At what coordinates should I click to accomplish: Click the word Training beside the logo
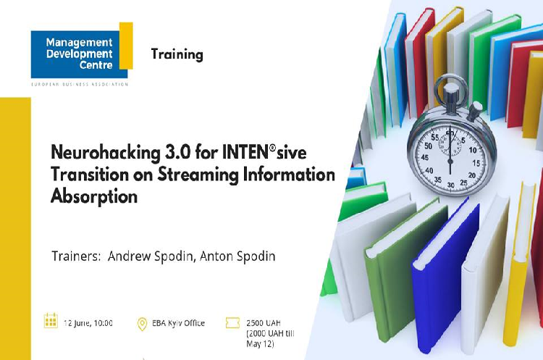click(177, 55)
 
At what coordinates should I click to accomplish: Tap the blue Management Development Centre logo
click(80, 54)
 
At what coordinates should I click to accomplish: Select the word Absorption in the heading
click(94, 196)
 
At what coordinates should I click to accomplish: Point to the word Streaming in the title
click(198, 175)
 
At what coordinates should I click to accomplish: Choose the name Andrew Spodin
click(151, 256)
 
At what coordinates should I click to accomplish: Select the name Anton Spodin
click(237, 256)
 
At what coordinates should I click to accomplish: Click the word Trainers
click(76, 256)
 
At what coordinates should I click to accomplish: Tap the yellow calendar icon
click(51, 320)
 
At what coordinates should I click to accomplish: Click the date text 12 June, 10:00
click(88, 323)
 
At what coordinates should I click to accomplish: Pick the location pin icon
click(142, 324)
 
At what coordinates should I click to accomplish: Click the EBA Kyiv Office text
click(178, 323)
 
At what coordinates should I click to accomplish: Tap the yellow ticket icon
click(232, 323)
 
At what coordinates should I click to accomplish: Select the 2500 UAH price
click(264, 323)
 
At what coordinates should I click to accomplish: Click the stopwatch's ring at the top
click(451, 77)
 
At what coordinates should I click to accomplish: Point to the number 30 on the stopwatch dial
click(450, 185)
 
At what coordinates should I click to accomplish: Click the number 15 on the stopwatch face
click(476, 163)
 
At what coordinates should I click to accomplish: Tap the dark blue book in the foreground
click(445, 274)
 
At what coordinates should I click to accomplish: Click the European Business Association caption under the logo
click(80, 84)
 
